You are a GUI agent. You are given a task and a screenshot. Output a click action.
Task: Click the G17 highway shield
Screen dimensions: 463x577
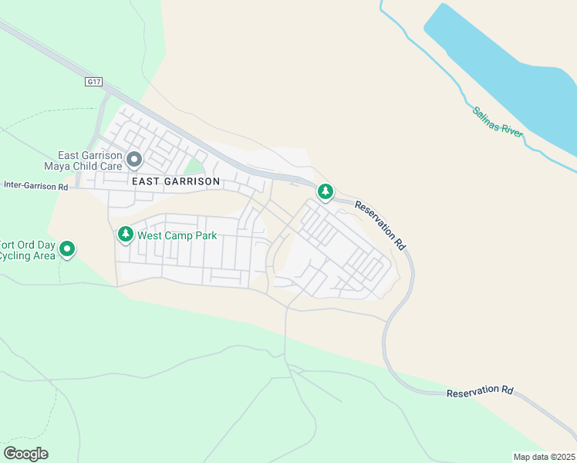[94, 81]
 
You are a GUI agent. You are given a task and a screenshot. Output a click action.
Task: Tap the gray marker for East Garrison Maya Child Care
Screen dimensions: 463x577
[134, 161]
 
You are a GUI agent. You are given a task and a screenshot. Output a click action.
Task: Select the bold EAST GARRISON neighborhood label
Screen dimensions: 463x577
[176, 181]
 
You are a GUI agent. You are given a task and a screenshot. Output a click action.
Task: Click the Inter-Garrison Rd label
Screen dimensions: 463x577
[36, 186]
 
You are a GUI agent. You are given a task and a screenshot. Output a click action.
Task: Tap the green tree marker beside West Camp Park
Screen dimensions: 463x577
[125, 234]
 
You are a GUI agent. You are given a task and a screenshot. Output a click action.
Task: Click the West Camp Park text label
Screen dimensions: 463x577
[177, 235]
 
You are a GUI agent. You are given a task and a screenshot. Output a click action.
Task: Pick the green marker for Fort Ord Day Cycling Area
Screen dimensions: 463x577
[67, 248]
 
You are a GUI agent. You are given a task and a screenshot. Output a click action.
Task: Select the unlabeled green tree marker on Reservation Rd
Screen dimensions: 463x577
[326, 191]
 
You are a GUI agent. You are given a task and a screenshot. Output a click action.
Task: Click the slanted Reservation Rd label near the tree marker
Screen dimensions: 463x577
[381, 225]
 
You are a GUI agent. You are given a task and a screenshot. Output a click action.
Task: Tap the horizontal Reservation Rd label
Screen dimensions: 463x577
[480, 392]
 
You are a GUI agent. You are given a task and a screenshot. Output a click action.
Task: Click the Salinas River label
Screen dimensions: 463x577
[498, 122]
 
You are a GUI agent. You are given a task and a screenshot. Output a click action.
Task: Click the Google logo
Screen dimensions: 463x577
[25, 453]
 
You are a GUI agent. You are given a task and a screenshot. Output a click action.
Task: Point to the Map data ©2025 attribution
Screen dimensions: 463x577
[545, 457]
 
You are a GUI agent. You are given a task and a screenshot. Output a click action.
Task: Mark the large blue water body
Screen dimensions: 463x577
[501, 69]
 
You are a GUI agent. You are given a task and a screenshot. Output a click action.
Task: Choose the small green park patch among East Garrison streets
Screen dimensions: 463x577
[195, 166]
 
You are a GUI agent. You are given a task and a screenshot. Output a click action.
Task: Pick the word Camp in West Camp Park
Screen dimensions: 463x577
[180, 235]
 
